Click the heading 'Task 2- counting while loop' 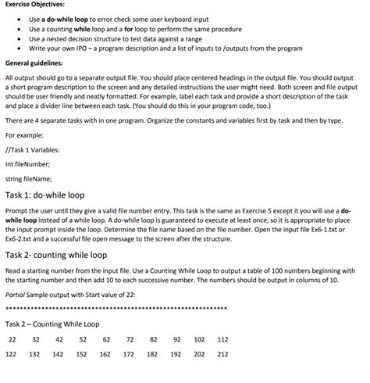(56, 255)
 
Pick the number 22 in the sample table (12, 340)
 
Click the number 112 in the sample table (222, 340)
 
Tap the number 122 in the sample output (12, 354)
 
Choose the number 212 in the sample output (222, 354)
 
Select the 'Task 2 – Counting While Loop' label (52, 324)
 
